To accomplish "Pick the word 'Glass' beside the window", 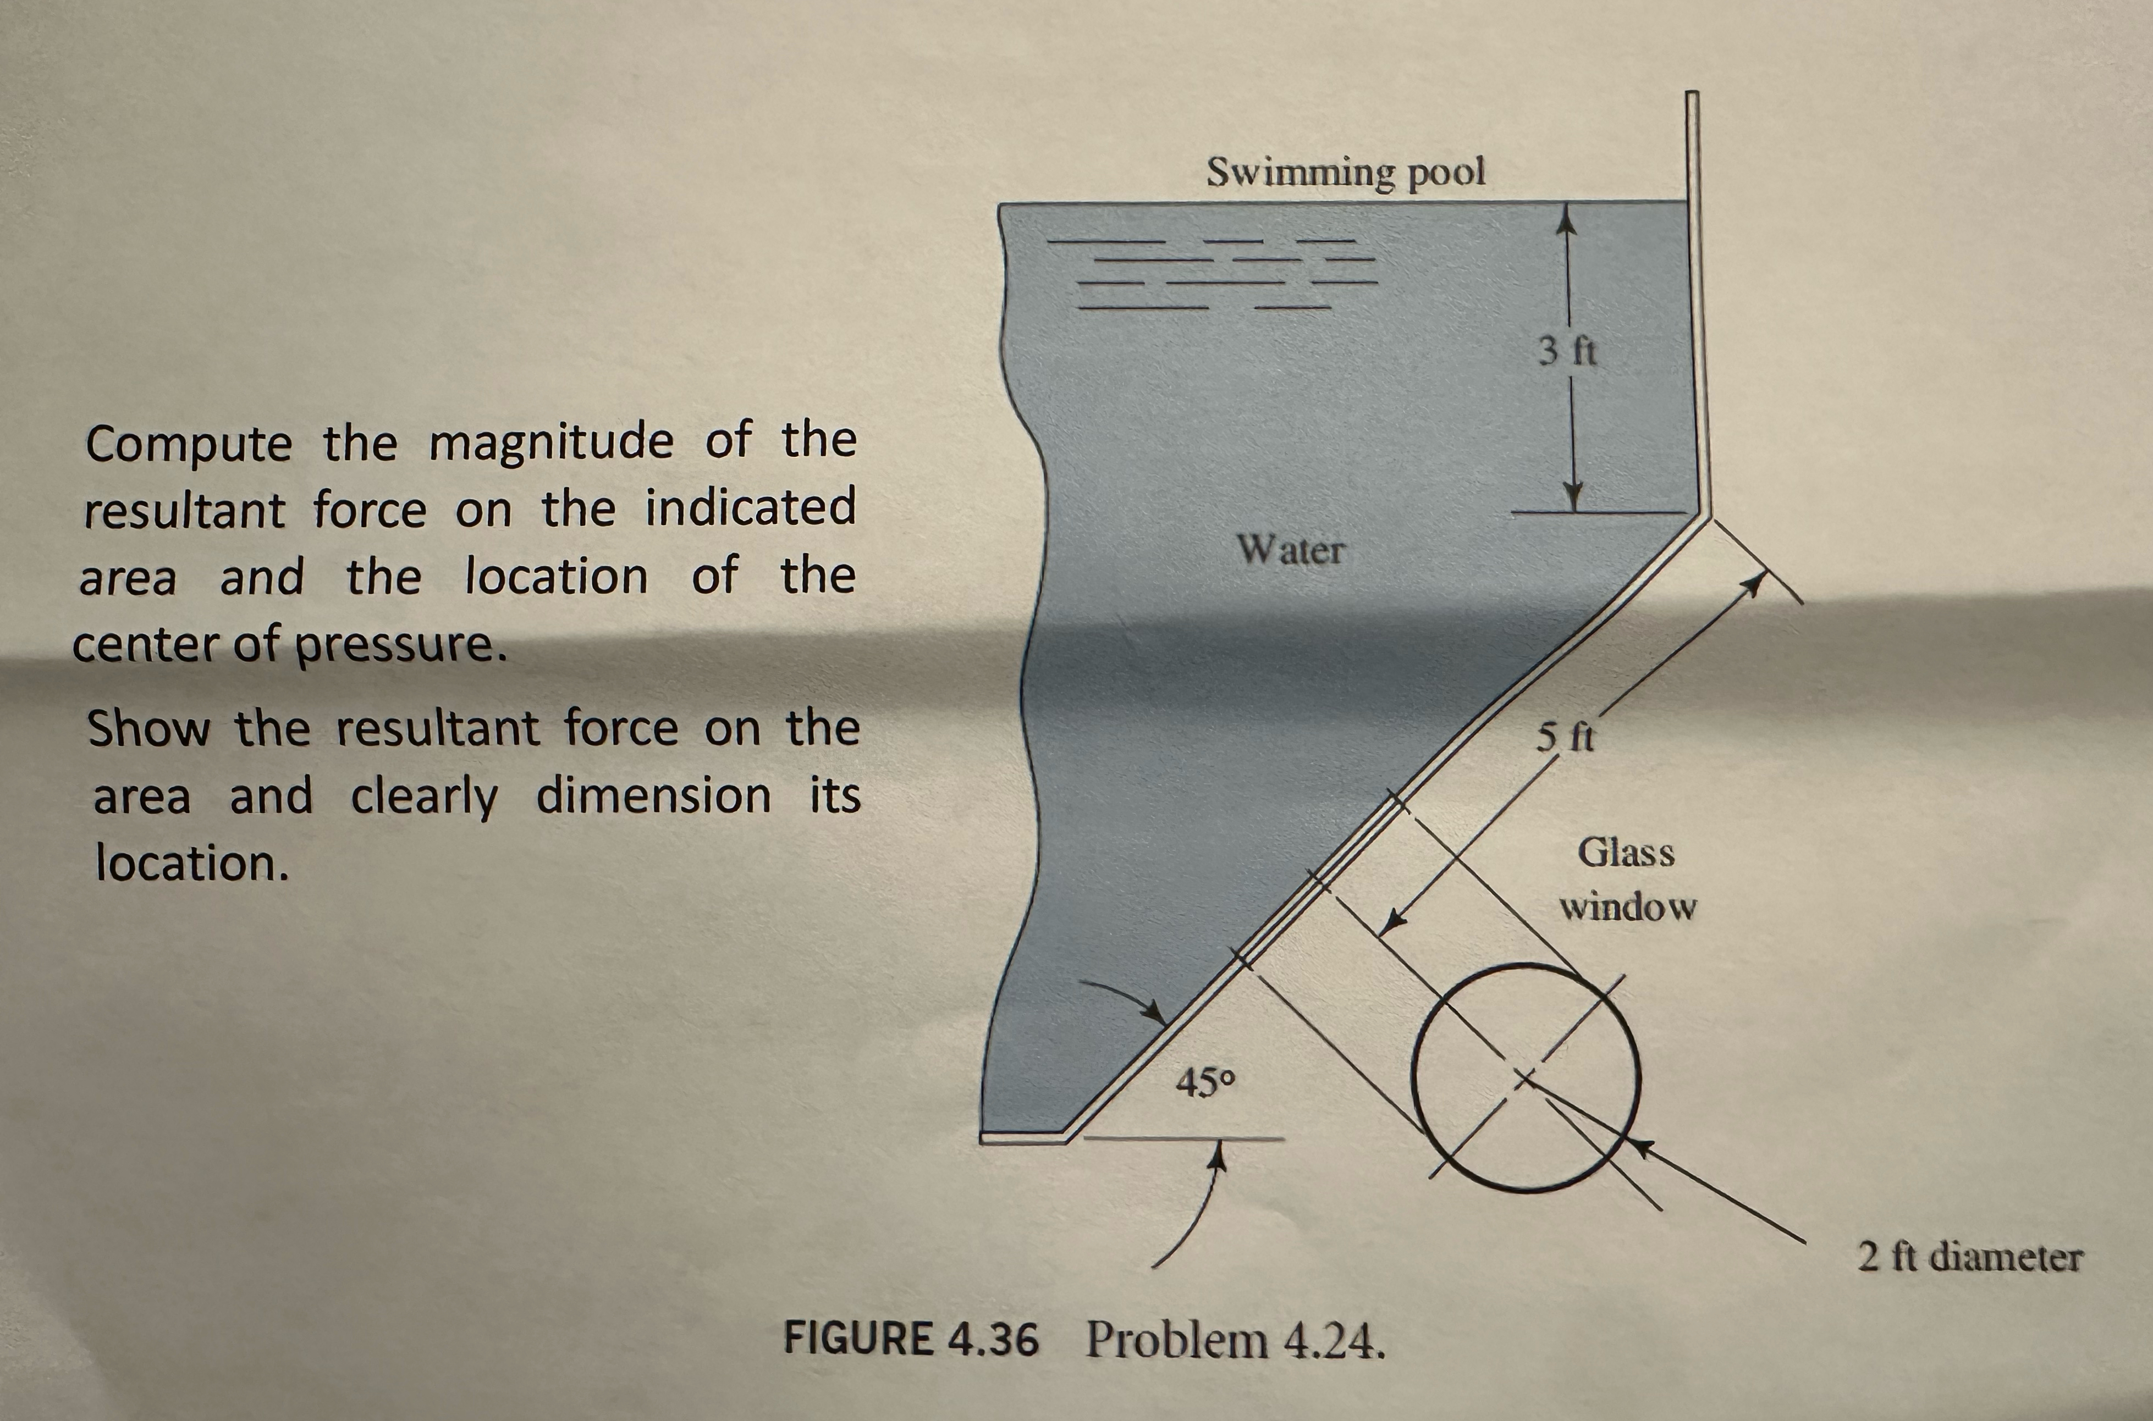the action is tap(1626, 853).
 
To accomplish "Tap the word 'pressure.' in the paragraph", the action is tap(399, 645).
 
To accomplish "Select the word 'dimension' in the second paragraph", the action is tap(653, 797).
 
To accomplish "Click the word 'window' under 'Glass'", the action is tap(1627, 907).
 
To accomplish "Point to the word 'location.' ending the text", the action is tap(192, 864).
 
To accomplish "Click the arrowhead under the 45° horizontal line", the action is tap(1221, 1154).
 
